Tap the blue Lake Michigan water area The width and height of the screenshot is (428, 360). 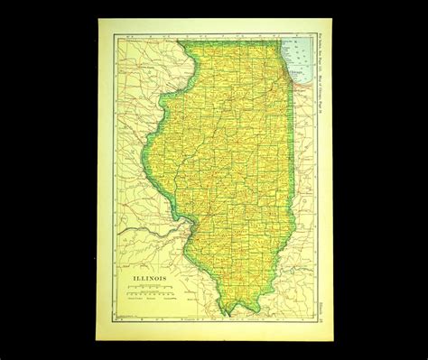[298, 54]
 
